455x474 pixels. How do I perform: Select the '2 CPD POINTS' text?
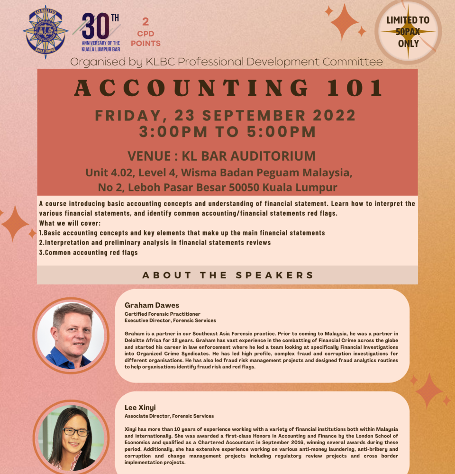pos(146,33)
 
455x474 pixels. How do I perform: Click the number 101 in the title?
pos(360,89)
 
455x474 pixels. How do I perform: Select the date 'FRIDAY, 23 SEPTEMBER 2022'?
pos(225,116)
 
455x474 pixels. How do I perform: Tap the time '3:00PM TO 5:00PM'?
pos(227,132)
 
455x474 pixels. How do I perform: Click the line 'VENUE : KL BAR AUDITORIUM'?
pos(221,155)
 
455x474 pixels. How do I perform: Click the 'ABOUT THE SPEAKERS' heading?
pos(228,275)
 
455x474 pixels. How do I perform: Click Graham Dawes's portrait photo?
pos(71,335)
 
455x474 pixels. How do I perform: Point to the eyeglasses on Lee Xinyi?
pos(75,432)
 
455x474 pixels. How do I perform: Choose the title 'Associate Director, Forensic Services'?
pos(169,416)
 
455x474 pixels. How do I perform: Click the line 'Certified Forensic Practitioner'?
pos(163,314)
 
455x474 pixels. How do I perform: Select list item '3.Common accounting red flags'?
pos(89,253)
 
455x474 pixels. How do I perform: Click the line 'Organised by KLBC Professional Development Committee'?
pos(227,62)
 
